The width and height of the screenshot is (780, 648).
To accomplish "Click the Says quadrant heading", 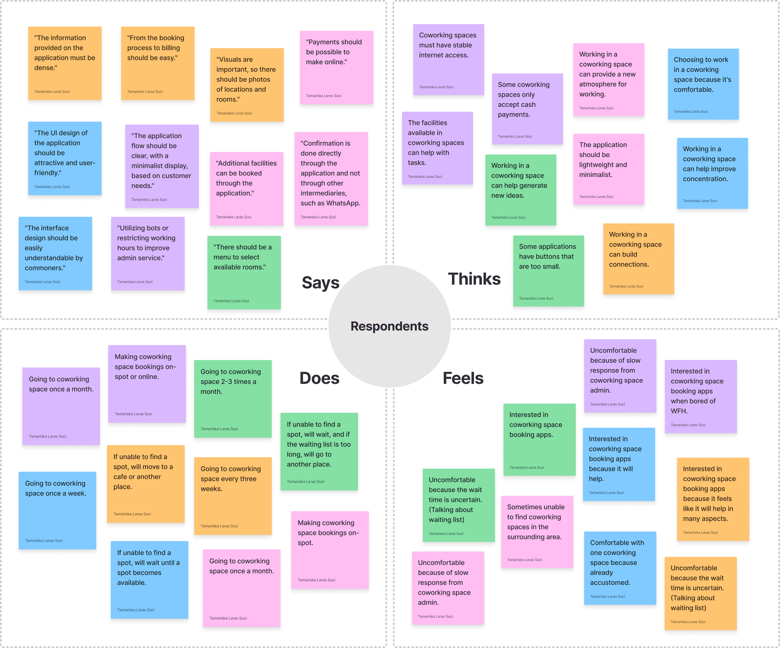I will point(320,283).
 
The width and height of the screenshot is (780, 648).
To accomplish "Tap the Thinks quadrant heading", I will point(474,279).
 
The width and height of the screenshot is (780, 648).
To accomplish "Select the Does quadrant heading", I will point(319,378).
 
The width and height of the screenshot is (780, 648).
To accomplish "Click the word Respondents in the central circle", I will point(389,326).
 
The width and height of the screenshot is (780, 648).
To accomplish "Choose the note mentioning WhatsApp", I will point(331,178).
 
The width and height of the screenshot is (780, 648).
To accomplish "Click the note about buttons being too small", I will point(548,271).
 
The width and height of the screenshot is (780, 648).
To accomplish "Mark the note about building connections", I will point(638,259).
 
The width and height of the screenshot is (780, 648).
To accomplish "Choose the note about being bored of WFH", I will point(700,396).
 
